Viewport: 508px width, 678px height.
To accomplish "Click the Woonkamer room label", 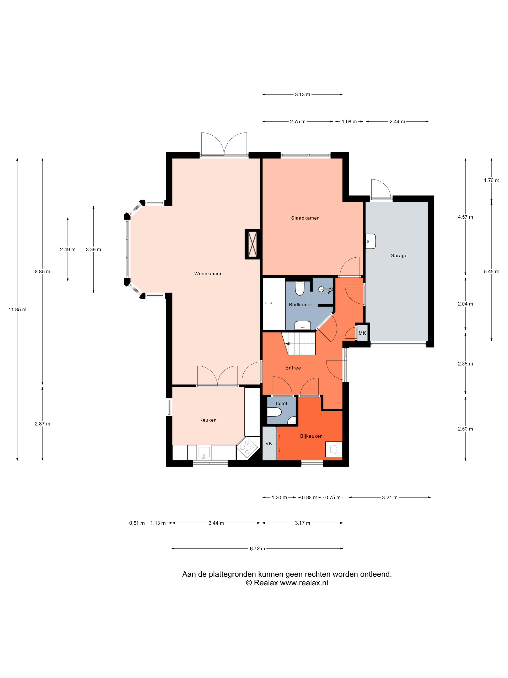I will [208, 274].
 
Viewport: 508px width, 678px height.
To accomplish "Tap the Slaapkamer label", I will [305, 218].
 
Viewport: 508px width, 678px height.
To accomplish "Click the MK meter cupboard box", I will [362, 333].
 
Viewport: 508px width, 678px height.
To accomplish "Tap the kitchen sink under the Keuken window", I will [204, 452].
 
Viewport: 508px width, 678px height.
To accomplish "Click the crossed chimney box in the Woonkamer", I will [253, 244].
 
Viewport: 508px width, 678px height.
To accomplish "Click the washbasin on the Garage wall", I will [371, 241].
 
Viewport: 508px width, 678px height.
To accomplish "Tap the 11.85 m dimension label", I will [17, 309].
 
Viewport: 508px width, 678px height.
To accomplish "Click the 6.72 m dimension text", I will [257, 549].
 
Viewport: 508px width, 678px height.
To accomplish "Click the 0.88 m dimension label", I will [309, 497].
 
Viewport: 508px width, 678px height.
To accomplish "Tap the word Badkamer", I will [300, 305].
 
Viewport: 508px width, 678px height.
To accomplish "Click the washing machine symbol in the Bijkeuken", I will [333, 449].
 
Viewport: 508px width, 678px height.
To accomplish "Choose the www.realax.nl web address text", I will [304, 583].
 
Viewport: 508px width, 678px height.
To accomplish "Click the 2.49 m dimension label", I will [68, 249].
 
